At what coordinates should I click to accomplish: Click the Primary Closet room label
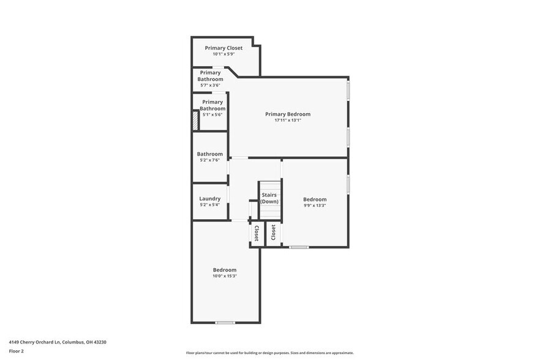click(223, 48)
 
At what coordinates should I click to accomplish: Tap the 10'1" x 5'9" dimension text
click(223, 54)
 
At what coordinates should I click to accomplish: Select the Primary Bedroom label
click(287, 114)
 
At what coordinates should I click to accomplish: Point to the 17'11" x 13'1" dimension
click(287, 121)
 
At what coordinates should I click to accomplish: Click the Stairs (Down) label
click(269, 198)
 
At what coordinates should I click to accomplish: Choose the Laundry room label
click(209, 198)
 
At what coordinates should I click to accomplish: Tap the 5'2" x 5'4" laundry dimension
click(209, 205)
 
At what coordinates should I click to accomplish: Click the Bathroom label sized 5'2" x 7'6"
click(209, 154)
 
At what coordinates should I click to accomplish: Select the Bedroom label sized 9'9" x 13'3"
click(315, 199)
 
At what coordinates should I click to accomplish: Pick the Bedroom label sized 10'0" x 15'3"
click(224, 269)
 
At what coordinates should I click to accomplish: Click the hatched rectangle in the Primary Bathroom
click(195, 120)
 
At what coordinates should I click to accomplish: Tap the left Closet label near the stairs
click(257, 233)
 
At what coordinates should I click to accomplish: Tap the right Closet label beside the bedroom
click(273, 232)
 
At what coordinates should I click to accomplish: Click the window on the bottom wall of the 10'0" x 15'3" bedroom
click(225, 323)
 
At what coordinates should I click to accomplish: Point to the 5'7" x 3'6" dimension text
click(210, 85)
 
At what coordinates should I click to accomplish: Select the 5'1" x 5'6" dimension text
click(212, 114)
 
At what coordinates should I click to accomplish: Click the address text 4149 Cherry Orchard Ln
click(61, 342)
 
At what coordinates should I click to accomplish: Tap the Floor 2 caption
click(16, 351)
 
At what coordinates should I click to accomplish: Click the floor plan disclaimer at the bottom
click(269, 353)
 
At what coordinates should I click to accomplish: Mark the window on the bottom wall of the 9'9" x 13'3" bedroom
click(299, 247)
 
